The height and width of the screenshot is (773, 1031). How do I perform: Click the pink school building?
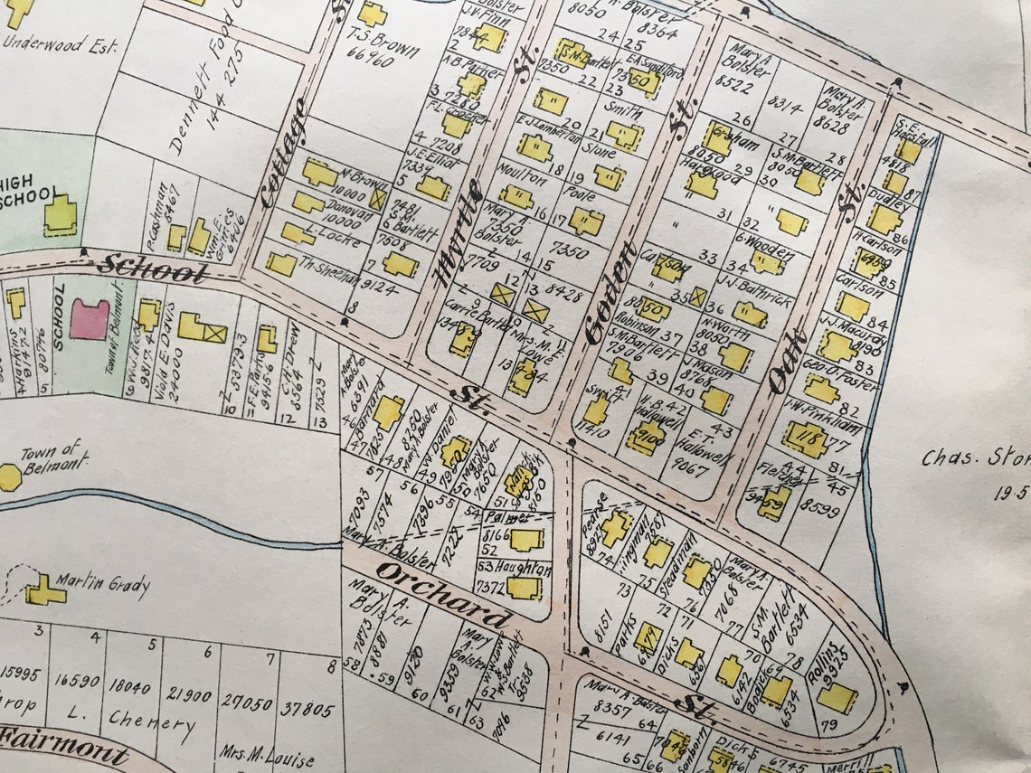tap(89, 319)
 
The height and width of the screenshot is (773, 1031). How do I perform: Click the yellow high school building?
tap(60, 215)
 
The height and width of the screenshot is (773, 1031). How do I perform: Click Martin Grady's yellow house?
tap(43, 592)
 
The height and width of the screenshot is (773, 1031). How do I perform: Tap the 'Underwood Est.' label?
tap(59, 43)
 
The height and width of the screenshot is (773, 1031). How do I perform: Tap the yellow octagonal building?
tap(9, 477)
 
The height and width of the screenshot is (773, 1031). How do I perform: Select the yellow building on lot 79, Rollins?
tap(837, 697)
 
